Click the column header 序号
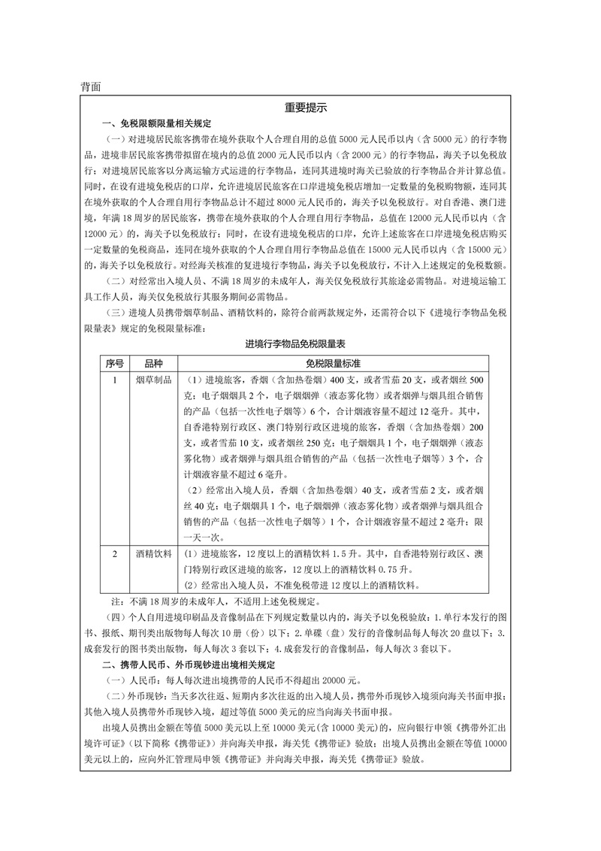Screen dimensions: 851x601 [x=114, y=363]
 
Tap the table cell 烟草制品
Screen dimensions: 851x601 [x=154, y=380]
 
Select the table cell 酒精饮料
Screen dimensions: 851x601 [x=154, y=554]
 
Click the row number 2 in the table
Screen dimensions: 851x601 [x=114, y=554]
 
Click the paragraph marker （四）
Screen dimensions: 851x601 [x=110, y=617]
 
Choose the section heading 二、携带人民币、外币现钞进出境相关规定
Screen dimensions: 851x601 [x=189, y=665]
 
